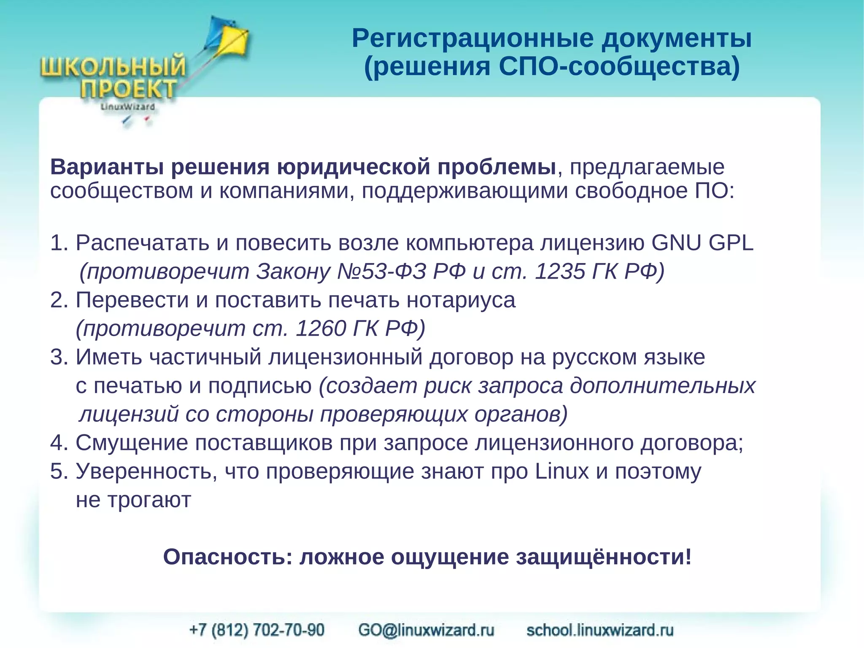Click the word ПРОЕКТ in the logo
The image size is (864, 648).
pyautogui.click(x=128, y=89)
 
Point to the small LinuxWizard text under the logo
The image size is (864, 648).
pyautogui.click(x=127, y=107)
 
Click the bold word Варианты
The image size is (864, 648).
pyautogui.click(x=107, y=167)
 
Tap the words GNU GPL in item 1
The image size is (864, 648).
pyautogui.click(x=702, y=243)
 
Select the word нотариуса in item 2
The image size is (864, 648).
pyautogui.click(x=461, y=300)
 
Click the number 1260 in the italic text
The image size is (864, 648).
pyautogui.click(x=320, y=328)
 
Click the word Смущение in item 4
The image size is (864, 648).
pyautogui.click(x=131, y=443)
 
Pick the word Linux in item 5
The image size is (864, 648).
pyautogui.click(x=562, y=471)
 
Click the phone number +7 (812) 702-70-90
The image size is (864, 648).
pyautogui.click(x=257, y=630)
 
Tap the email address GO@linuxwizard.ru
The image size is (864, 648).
pyautogui.click(x=426, y=630)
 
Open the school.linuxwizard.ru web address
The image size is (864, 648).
pyautogui.click(x=600, y=630)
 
